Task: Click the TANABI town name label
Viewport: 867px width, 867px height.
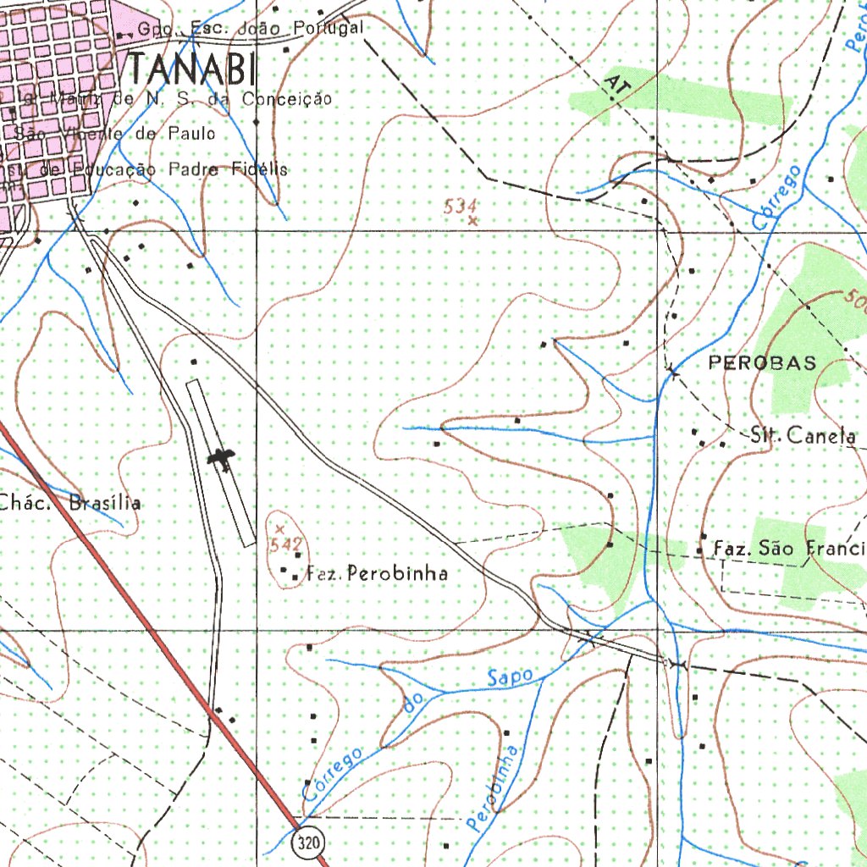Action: (x=193, y=68)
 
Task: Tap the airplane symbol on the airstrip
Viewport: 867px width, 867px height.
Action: (x=223, y=459)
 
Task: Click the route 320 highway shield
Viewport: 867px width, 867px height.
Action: (x=311, y=842)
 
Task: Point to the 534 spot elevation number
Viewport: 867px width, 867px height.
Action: (x=461, y=206)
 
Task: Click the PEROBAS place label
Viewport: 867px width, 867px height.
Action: (x=763, y=363)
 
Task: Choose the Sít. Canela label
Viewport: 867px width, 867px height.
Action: (x=803, y=436)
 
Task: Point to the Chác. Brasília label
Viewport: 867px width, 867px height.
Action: (x=70, y=503)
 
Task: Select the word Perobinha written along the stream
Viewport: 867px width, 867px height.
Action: (x=494, y=788)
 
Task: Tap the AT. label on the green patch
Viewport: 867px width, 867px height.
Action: (x=618, y=88)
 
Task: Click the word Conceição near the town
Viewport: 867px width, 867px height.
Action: (x=287, y=99)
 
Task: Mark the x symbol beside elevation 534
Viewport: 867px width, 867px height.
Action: (x=472, y=221)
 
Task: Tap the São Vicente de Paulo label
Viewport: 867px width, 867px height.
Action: (x=115, y=134)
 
